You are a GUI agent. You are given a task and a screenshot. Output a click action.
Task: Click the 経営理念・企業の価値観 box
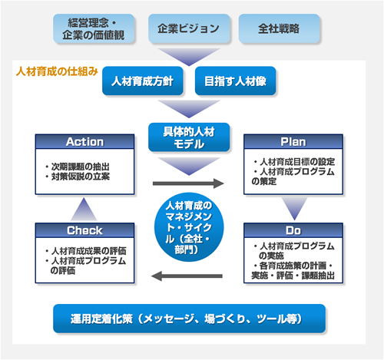pos(94,28)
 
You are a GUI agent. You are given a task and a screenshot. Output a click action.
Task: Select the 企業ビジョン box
pos(189,28)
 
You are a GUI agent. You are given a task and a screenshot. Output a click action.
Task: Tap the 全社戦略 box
pos(279,28)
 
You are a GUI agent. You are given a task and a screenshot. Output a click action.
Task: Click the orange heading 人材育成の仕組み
pos(57,71)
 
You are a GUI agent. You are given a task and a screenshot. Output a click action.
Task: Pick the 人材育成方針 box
pos(143,81)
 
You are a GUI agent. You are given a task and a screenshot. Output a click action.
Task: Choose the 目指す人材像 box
pos(235,81)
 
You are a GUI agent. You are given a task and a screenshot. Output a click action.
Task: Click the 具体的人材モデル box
pos(189,137)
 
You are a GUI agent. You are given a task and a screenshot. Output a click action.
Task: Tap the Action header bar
pos(84,141)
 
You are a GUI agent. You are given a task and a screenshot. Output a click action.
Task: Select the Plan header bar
pos(293,141)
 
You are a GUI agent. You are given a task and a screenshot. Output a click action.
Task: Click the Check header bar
pos(84,230)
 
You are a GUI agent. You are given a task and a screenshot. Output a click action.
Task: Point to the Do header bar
pos(293,230)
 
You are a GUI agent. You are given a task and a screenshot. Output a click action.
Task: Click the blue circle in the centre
pos(189,227)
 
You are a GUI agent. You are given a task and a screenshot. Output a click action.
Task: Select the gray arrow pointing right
pos(188,183)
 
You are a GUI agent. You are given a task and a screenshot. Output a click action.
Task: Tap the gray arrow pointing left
pos(187,276)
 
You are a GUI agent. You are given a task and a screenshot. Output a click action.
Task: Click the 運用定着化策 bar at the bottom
pos(189,319)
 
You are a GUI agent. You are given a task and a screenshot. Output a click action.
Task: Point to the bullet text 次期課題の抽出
pos(81,167)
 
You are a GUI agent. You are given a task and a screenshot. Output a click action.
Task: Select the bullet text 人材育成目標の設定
pos(297,162)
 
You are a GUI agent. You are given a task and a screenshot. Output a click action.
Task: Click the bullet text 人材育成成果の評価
pos(89,251)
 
